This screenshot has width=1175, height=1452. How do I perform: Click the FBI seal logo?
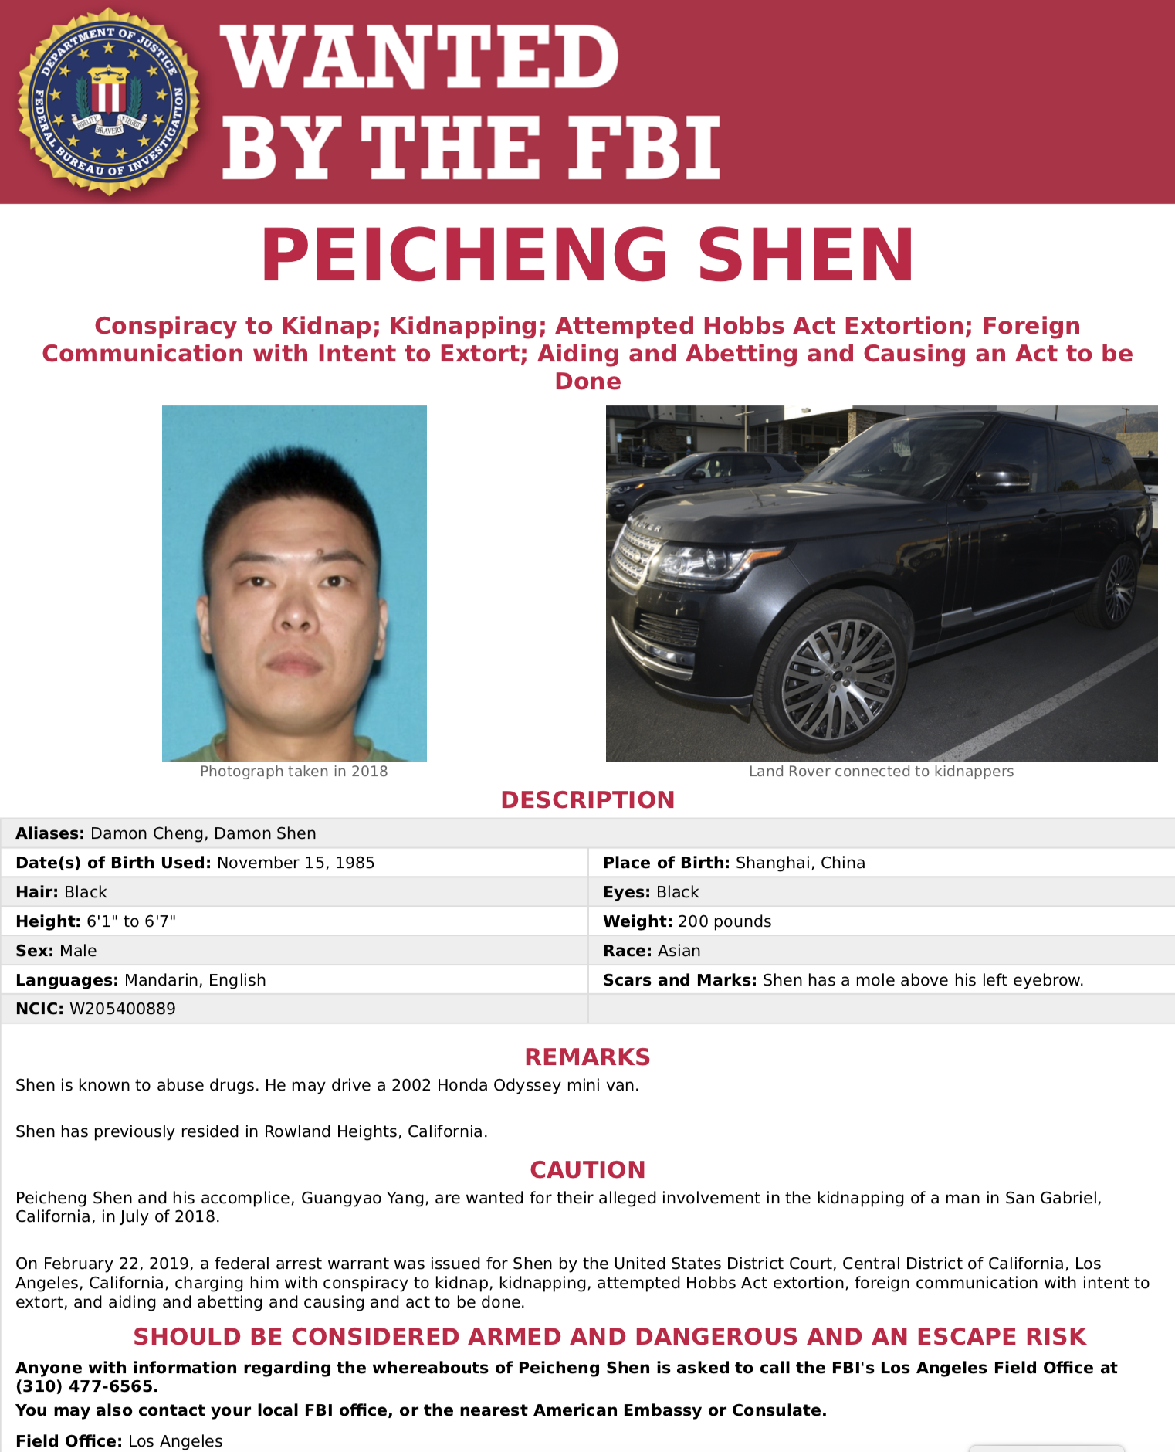108,101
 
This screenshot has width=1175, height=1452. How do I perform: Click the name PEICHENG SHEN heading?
587,256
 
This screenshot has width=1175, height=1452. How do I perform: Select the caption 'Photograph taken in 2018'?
293,772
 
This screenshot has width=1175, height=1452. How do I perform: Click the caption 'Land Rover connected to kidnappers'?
881,772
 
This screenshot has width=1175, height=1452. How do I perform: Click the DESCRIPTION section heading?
587,800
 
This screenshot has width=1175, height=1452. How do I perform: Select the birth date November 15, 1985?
296,863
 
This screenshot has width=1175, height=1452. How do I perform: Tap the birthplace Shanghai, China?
800,863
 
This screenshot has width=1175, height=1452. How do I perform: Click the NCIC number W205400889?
123,1009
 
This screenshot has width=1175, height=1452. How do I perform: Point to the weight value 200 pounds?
724,921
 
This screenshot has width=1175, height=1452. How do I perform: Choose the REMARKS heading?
587,1057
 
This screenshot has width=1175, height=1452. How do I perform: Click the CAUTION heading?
587,1170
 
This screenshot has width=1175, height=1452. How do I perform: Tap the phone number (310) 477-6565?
86,1386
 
